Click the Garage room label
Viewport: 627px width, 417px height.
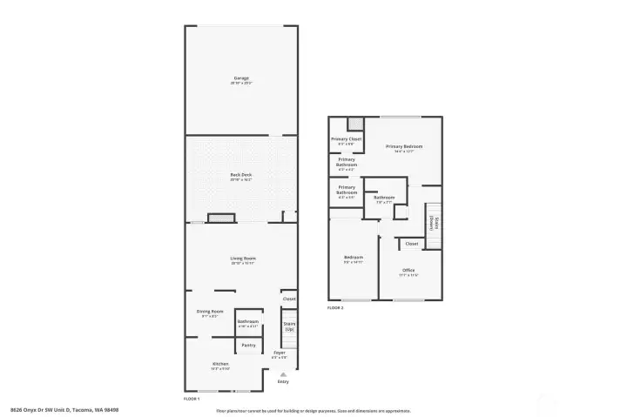point(240,78)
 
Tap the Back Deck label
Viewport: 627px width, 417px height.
point(240,175)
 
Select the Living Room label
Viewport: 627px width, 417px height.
point(242,259)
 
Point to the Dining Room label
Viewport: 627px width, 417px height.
point(210,311)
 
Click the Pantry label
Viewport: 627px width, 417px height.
point(248,345)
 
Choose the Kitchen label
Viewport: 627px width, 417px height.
point(220,364)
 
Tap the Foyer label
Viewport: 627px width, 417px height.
point(279,353)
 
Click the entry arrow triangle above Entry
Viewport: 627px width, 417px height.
point(282,374)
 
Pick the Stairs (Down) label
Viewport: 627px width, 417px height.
point(432,223)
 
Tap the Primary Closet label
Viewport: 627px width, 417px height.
point(346,139)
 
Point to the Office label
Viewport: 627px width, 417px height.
point(408,271)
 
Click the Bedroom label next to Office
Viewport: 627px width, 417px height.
point(353,258)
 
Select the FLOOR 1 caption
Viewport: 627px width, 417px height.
point(192,398)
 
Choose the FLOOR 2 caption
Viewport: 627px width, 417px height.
point(335,307)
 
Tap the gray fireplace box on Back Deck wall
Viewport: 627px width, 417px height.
point(220,218)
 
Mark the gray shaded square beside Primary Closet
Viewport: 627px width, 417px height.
point(354,123)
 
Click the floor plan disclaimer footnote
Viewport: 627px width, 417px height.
point(313,409)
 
